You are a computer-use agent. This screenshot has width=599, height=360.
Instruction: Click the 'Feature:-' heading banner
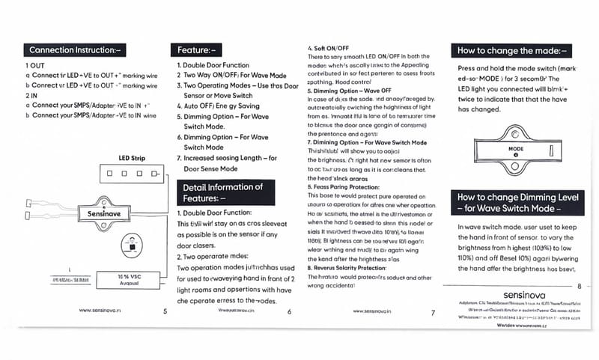tap(196, 50)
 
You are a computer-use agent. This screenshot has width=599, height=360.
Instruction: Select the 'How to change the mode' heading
tap(511, 51)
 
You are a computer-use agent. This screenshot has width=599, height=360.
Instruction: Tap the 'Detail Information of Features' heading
tap(224, 192)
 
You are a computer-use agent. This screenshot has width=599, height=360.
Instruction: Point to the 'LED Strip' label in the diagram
tap(132, 158)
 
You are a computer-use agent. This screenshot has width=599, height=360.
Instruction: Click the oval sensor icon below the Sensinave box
tap(133, 245)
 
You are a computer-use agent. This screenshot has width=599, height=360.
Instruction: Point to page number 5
tap(164, 311)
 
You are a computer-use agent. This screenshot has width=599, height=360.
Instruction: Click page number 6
tap(289, 311)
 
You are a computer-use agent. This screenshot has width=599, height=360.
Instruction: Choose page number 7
tap(434, 311)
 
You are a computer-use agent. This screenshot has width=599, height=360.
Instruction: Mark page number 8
tap(578, 286)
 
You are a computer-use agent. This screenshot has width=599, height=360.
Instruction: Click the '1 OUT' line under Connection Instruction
tap(35, 65)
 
